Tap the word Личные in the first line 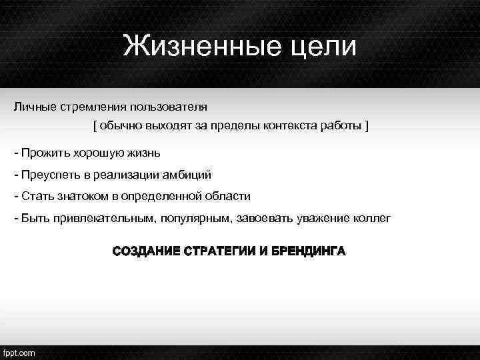click(x=34, y=107)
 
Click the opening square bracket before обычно click(x=95, y=126)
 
